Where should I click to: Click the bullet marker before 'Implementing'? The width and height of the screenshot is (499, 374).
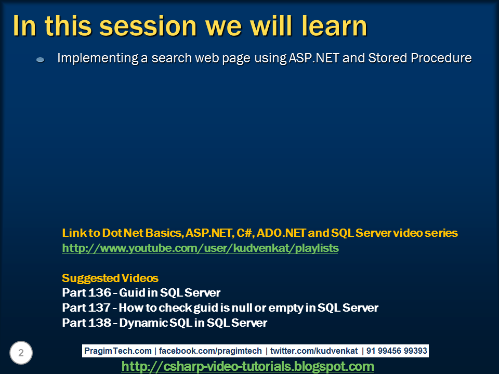(x=41, y=60)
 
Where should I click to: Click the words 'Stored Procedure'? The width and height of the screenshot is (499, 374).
(x=419, y=58)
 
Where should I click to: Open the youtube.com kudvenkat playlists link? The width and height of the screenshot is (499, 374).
(x=200, y=248)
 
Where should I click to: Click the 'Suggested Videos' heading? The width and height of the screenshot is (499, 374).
(x=110, y=278)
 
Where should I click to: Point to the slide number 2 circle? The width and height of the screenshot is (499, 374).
(x=21, y=353)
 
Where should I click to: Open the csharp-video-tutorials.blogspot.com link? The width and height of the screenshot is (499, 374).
(x=247, y=367)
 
